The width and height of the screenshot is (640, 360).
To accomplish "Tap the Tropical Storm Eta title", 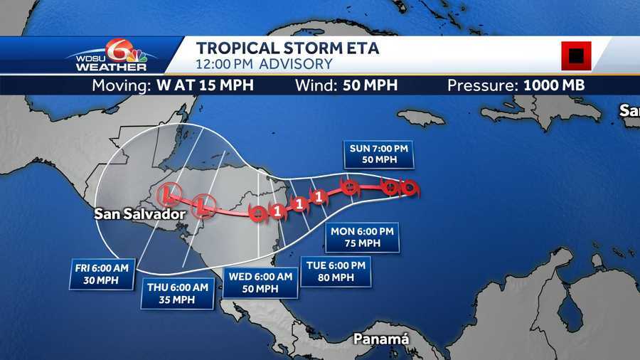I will (287, 48).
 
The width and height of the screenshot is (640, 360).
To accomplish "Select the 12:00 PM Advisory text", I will (265, 64).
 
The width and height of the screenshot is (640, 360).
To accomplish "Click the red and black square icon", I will (576, 55).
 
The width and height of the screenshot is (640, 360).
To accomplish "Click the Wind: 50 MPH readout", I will (346, 86).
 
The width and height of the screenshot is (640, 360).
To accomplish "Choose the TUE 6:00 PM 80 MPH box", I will (336, 271).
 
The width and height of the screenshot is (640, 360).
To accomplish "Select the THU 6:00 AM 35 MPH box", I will (177, 293).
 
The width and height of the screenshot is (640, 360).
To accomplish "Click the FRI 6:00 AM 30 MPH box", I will (103, 274).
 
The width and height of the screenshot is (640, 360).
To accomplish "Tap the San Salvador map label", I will (139, 213).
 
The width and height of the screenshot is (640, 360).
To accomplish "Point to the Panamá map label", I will (382, 339).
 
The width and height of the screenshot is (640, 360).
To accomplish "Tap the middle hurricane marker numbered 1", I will (299, 203).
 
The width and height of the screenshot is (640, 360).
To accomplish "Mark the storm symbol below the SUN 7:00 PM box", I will (349, 188).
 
